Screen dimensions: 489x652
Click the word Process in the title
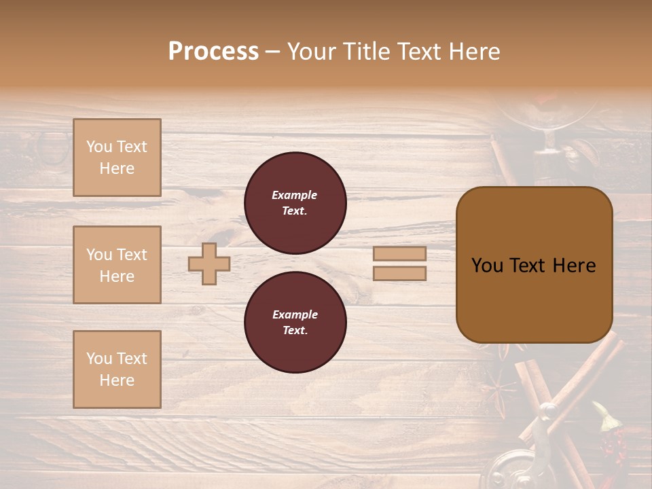click(213, 52)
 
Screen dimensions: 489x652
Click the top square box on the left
click(117, 158)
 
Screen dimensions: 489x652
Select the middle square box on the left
click(117, 265)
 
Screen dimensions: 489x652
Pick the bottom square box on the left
click(117, 369)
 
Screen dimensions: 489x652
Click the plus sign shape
click(209, 264)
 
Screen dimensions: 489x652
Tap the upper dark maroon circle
click(295, 203)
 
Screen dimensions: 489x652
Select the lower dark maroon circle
click(295, 323)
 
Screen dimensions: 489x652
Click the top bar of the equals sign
click(399, 254)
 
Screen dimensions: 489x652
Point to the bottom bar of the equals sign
click(399, 274)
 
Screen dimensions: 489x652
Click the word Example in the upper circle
click(295, 195)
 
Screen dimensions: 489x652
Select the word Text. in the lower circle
click(295, 331)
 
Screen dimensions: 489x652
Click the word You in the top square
click(99, 147)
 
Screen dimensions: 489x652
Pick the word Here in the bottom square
click(117, 380)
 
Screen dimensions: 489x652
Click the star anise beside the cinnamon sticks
click(500, 391)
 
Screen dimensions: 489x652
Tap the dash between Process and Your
click(272, 52)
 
